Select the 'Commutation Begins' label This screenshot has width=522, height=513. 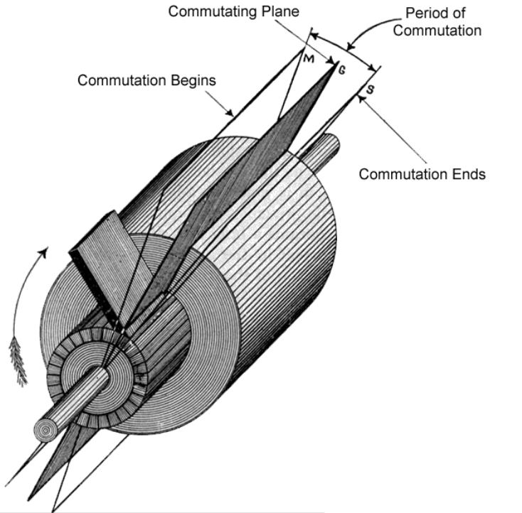pyautogui.click(x=147, y=80)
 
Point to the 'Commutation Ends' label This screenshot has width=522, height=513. pyautogui.click(x=422, y=174)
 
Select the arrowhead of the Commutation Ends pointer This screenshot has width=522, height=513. pyautogui.click(x=361, y=99)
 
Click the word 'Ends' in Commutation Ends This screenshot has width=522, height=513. pyautogui.click(x=470, y=174)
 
